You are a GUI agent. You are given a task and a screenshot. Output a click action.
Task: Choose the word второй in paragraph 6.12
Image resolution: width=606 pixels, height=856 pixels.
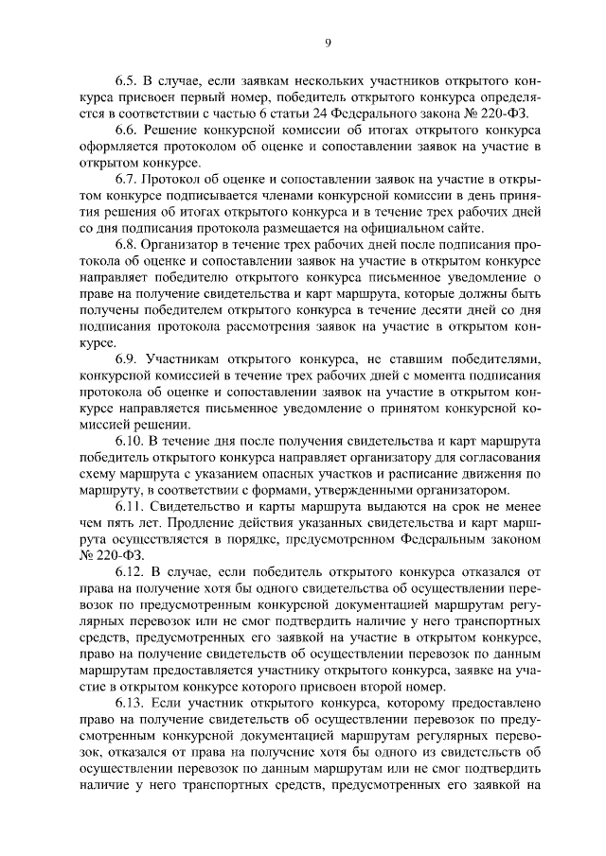click(382, 684)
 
